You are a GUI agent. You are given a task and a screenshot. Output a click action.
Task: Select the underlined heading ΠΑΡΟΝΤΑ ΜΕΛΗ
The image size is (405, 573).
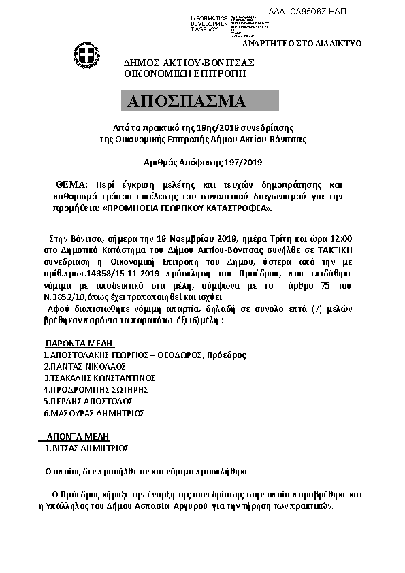(x=79, y=343)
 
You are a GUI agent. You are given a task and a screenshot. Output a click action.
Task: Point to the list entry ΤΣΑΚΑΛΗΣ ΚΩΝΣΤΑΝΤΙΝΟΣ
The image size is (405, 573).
(x=100, y=378)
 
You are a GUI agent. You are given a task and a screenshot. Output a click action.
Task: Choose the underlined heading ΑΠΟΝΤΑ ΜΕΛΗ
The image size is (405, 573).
(x=77, y=436)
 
